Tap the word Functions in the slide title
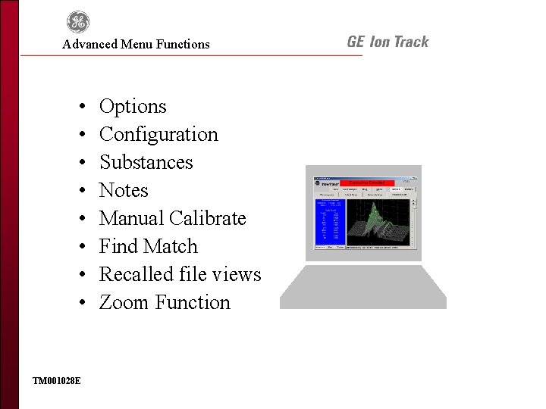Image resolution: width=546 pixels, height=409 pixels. (x=183, y=44)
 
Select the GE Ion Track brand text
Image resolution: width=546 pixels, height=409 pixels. (x=388, y=42)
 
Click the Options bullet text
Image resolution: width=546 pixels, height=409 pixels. (x=133, y=106)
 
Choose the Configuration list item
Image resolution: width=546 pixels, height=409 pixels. (x=158, y=134)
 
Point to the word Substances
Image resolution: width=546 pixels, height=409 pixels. (x=146, y=162)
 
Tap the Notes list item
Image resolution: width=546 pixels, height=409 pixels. (x=124, y=190)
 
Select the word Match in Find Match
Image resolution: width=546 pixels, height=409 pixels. (x=173, y=246)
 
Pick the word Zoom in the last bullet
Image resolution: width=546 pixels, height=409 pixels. (x=124, y=302)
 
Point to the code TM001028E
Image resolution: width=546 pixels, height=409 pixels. (x=57, y=379)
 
